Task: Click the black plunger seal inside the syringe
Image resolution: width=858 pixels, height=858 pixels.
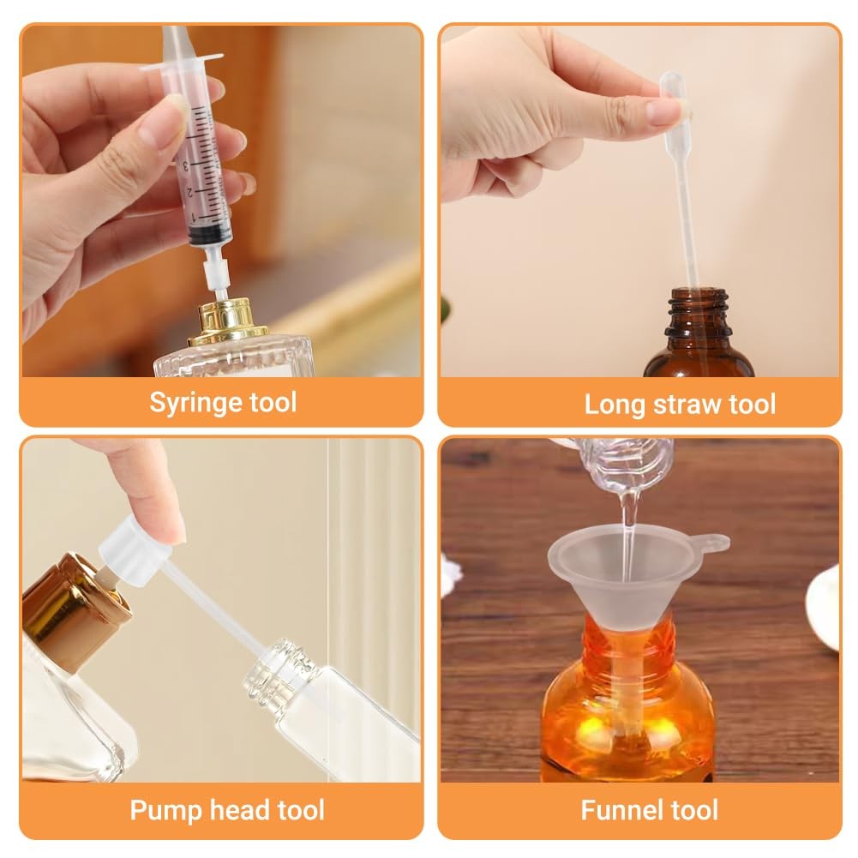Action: (206, 234)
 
